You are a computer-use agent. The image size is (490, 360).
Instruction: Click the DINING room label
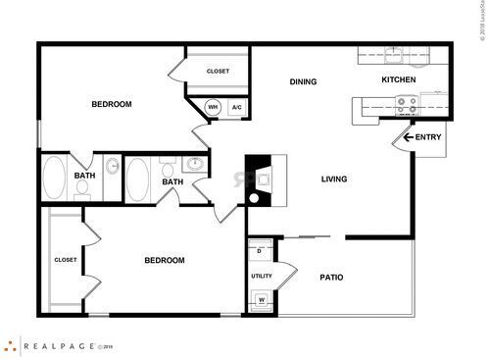[x=303, y=81]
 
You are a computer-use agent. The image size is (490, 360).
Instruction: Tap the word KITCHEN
[x=399, y=79]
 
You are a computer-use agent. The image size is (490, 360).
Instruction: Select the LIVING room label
[x=335, y=179]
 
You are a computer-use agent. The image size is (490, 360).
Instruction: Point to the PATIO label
[x=331, y=277]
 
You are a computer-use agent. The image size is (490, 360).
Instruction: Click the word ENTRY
[x=427, y=137]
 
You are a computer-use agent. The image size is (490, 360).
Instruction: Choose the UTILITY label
[x=261, y=276]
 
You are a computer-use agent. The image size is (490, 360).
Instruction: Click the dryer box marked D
[x=260, y=251]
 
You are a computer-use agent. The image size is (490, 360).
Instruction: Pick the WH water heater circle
[x=213, y=108]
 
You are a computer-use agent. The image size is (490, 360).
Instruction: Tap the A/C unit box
[x=236, y=108]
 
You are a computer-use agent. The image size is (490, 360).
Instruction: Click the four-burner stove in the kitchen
[x=407, y=101]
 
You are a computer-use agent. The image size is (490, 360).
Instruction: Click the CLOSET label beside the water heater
[x=218, y=71]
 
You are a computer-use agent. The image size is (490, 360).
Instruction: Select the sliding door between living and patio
[x=314, y=236]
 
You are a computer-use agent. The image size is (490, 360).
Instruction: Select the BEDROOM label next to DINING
[x=112, y=104]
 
